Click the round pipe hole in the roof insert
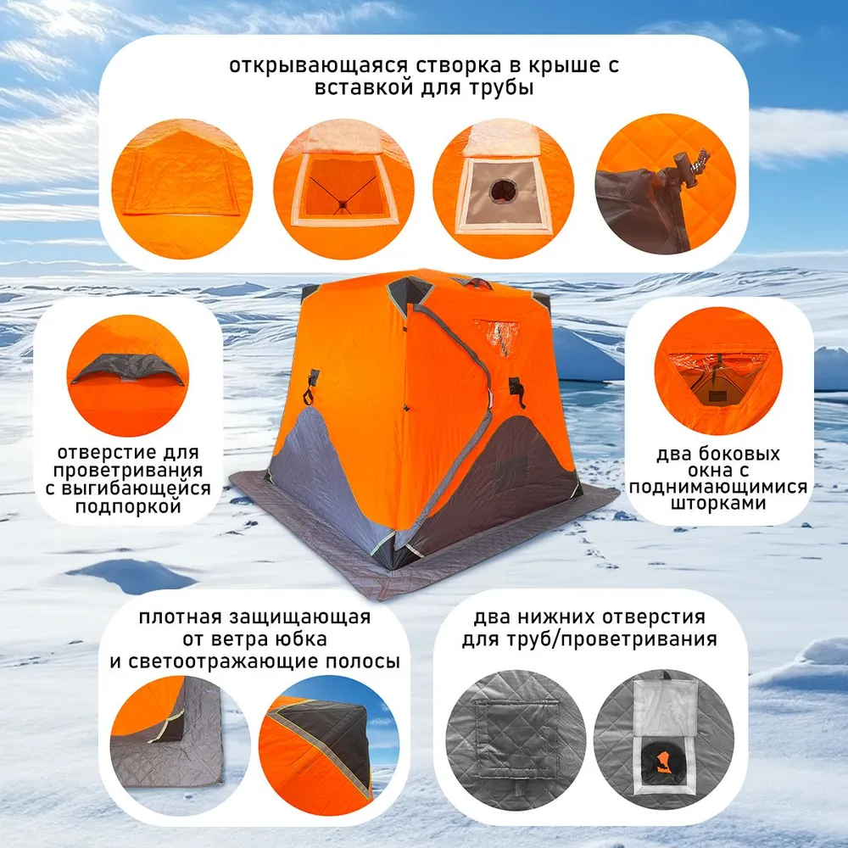click(x=503, y=190)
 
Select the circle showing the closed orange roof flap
click(x=182, y=189)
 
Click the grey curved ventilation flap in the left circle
click(x=128, y=370)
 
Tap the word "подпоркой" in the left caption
click(x=128, y=506)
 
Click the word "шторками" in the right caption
click(x=717, y=503)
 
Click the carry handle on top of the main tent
click(x=477, y=282)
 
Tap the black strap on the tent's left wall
click(x=311, y=386)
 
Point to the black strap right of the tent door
click(x=516, y=392)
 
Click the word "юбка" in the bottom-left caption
click(x=298, y=639)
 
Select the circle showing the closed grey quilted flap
click(x=516, y=739)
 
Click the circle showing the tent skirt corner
click(x=179, y=745)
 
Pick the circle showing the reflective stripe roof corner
click(x=329, y=745)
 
